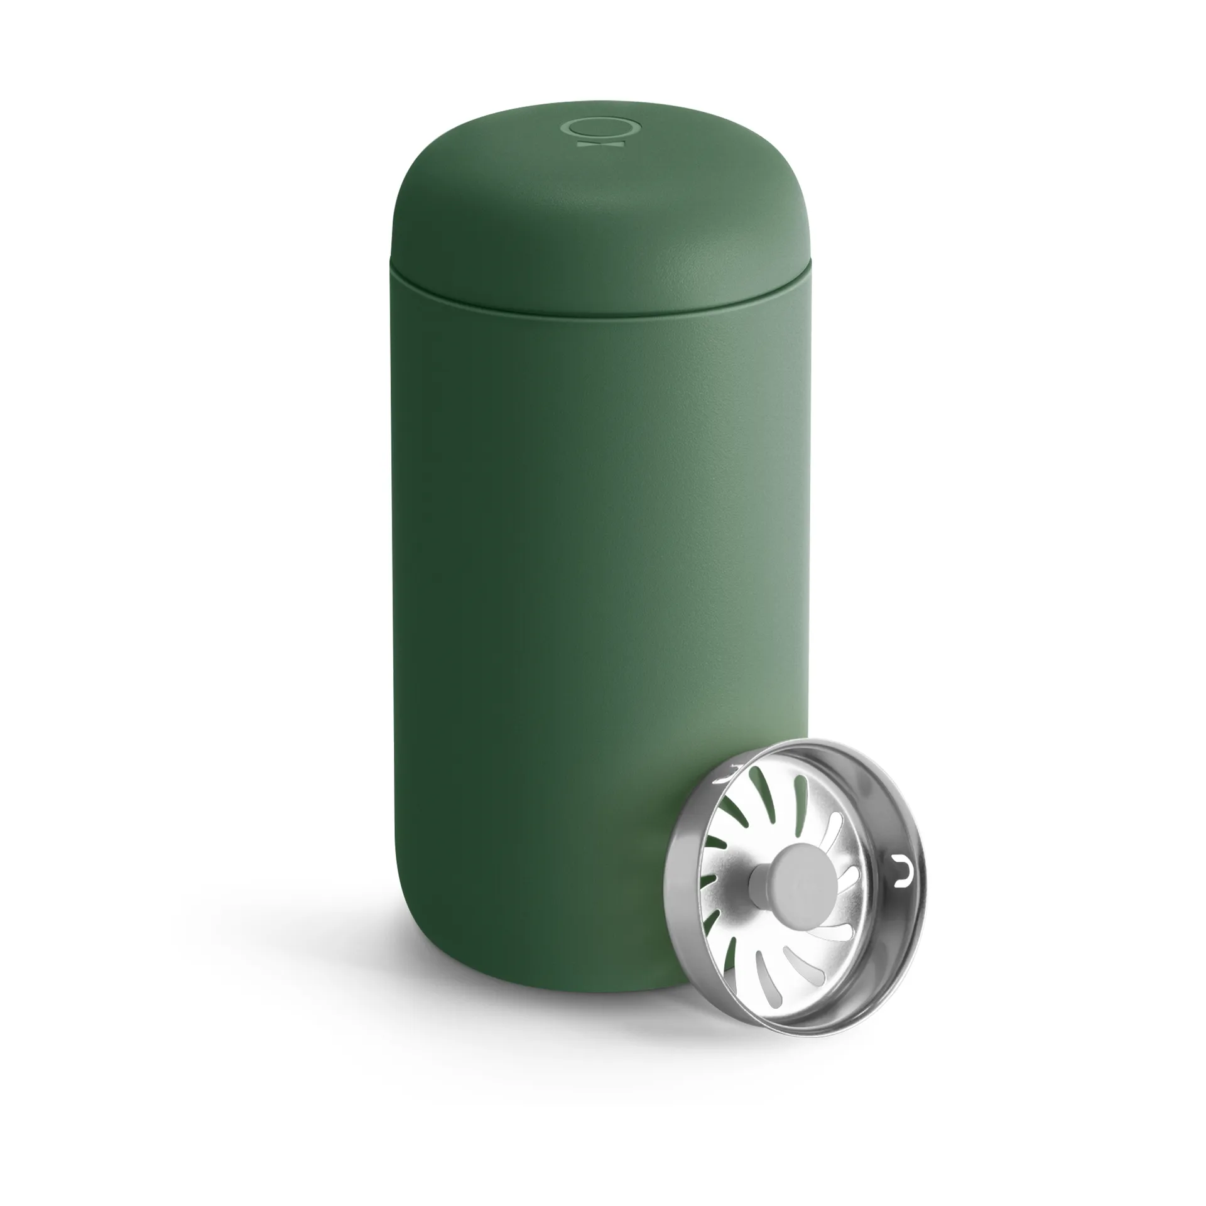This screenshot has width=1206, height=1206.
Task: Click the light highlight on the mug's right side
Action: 722,503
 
